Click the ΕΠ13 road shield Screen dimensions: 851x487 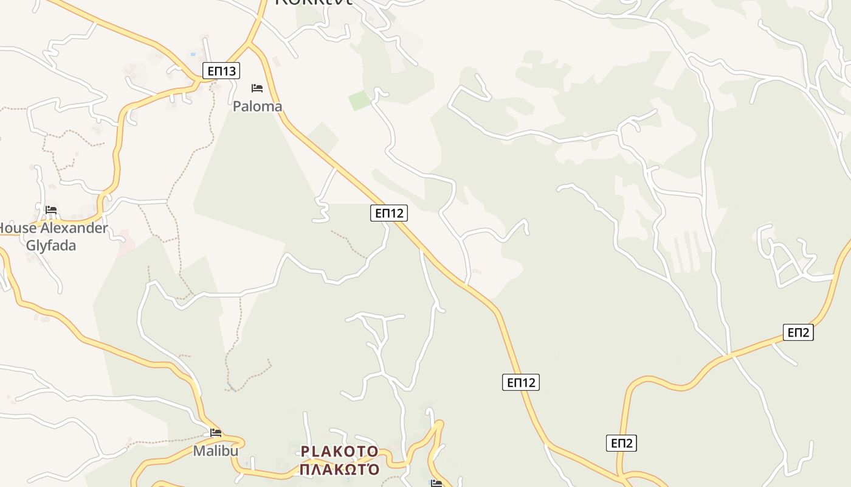221,71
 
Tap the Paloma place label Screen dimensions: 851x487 258,107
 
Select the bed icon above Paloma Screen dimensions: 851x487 257,88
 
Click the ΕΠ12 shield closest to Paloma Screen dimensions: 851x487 389,212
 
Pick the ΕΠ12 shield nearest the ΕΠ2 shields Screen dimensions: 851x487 521,382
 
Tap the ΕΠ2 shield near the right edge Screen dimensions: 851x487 798,332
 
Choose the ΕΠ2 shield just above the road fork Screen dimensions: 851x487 621,443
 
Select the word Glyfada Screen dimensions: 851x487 51,245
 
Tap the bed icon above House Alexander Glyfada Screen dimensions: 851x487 51,210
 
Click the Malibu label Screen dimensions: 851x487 216,451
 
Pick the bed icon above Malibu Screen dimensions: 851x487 216,433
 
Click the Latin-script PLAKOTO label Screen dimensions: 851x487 340,452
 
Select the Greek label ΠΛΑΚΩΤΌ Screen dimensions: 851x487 340,469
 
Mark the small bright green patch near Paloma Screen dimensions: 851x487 360,100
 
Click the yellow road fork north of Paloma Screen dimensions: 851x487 250,43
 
